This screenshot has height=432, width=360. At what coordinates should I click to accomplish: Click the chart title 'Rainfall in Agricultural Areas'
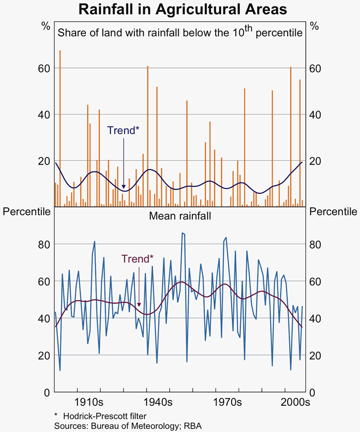tap(180, 10)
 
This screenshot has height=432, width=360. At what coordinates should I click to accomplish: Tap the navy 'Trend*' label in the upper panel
tap(123, 130)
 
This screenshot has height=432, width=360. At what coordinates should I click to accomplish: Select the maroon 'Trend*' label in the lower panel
tap(137, 259)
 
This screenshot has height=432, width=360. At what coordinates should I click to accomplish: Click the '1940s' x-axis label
tap(158, 403)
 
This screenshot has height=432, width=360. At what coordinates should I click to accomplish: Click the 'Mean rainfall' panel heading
tap(180, 216)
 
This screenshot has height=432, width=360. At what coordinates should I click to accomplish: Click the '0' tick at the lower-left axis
tap(47, 392)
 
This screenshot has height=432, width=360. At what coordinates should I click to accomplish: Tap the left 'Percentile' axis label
tap(27, 211)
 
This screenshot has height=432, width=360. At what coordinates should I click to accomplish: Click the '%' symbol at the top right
tap(314, 26)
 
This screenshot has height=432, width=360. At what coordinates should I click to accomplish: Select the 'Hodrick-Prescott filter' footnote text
tap(99, 415)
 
